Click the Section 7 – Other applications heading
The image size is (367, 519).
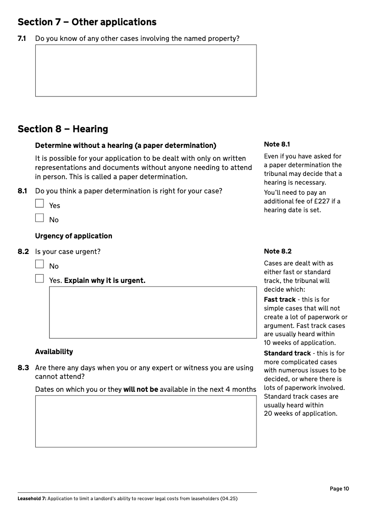[x=87, y=22]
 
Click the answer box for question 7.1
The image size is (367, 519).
[x=145, y=70]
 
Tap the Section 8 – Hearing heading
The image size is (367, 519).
[x=63, y=129]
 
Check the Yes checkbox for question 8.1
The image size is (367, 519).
[x=39, y=203]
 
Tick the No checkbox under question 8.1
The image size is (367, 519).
[x=39, y=218]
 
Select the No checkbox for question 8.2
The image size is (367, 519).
[x=39, y=264]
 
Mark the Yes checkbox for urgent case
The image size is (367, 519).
[x=39, y=278]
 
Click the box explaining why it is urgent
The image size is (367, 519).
[x=153, y=312]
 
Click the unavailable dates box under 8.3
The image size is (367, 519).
[x=145, y=421]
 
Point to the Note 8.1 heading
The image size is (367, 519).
[x=277, y=144]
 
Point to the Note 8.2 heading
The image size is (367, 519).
[x=278, y=251]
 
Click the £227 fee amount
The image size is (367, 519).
[x=321, y=201]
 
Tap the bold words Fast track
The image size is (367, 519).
[x=280, y=299]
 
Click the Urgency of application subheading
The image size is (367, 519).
[x=73, y=236]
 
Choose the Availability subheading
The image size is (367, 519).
[x=54, y=352]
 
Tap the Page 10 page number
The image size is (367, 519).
[x=339, y=489]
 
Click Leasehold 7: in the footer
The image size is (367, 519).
[x=32, y=498]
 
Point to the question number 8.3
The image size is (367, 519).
[x=23, y=368]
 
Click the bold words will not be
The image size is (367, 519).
[x=140, y=389]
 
